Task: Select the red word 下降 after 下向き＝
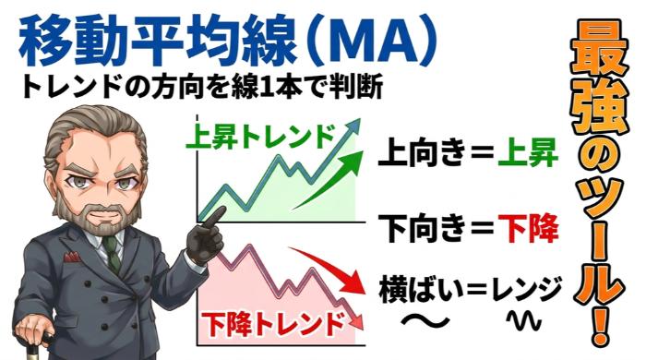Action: (x=527, y=224)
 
